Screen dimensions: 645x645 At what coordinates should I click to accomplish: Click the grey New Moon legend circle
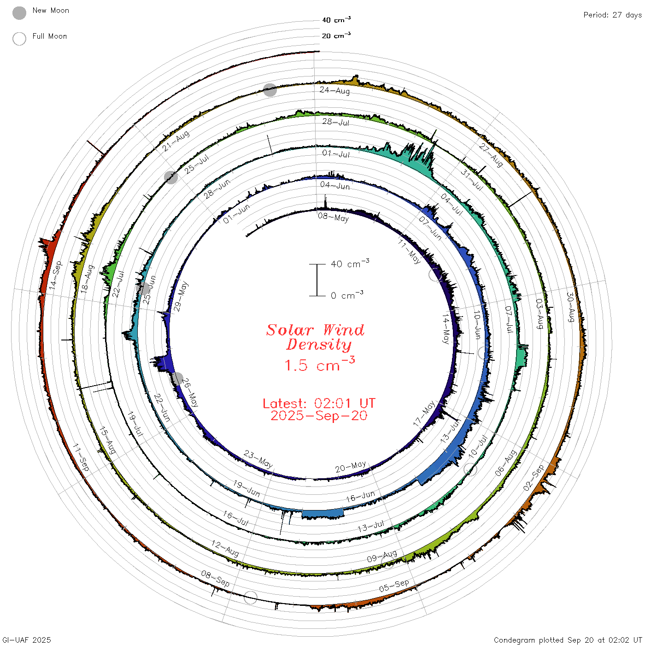click(19, 13)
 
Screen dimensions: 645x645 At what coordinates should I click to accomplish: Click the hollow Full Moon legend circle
click(19, 39)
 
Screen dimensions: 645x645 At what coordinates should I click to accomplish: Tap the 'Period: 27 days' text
click(612, 15)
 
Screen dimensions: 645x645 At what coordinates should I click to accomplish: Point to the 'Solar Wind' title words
click(315, 330)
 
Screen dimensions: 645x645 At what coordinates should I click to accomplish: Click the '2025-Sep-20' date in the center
click(319, 416)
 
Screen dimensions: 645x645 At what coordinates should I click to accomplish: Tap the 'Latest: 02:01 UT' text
click(319, 403)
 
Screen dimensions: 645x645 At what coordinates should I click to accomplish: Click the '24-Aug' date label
click(335, 90)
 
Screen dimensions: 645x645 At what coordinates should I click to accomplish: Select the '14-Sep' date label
click(56, 275)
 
